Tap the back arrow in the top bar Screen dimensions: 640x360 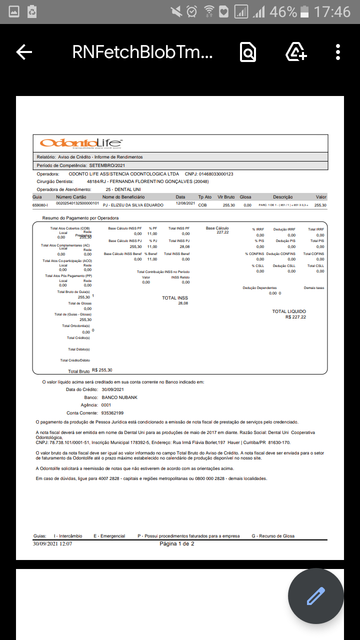[x=24, y=52]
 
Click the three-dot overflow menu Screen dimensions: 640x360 [x=338, y=52]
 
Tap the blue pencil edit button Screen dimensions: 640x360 [x=316, y=596]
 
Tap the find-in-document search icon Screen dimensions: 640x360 [x=248, y=52]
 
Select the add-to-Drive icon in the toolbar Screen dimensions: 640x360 [x=295, y=52]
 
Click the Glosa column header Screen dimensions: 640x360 [x=245, y=197]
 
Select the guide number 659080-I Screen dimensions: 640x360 [x=40, y=205]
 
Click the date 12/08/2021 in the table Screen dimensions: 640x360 [x=185, y=203]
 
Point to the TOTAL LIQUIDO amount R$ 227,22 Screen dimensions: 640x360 [x=295, y=317]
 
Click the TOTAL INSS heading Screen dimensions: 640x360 [x=175, y=298]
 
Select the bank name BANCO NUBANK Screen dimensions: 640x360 [x=119, y=397]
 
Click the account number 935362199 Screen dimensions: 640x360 [x=112, y=413]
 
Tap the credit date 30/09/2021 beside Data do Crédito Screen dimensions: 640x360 [x=112, y=389]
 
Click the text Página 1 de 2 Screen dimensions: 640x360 [x=176, y=543]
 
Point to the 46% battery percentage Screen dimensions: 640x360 [x=283, y=11]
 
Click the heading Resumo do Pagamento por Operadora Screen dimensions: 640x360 [x=80, y=218]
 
